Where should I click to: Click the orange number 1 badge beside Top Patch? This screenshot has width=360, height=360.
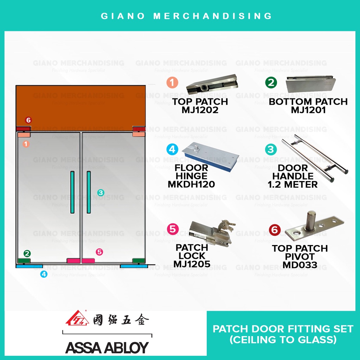coord(172,83)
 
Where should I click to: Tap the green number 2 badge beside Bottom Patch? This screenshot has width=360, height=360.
coord(271,83)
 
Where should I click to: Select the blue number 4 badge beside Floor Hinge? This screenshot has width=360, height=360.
coord(172,149)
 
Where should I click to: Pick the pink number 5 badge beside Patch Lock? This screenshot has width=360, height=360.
coord(172,229)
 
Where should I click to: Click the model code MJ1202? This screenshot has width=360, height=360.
coord(200,110)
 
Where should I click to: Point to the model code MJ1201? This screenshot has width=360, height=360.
coord(308,110)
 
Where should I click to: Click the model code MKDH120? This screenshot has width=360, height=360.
coord(191,184)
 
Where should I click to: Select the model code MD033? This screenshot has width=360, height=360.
coord(300,265)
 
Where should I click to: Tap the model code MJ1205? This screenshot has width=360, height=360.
coord(192,264)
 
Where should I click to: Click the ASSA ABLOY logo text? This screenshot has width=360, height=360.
coord(107,347)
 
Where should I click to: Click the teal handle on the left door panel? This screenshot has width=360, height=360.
coord(72,192)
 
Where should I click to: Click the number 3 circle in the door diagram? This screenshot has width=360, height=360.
coord(101,192)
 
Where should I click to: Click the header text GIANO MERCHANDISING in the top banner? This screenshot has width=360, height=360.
coord(186,16)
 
